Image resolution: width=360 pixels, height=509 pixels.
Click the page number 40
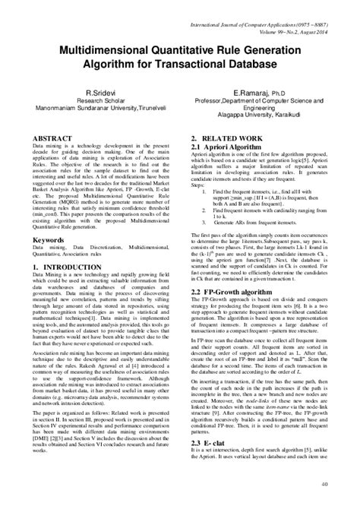[x=324, y=501]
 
